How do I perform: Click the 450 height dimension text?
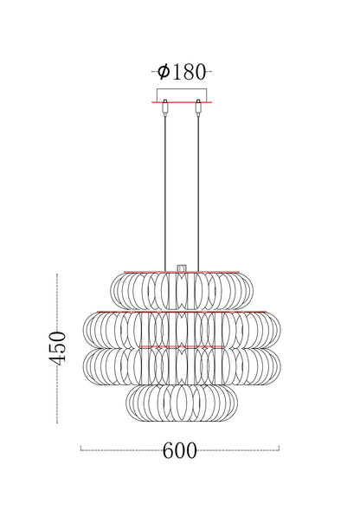57,347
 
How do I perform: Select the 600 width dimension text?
179,450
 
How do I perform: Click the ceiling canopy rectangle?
182,94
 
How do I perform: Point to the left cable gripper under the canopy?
164,108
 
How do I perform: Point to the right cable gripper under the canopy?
199,108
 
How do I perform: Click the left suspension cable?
164,190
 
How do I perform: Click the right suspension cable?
199,190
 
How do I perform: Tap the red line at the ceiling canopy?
182,102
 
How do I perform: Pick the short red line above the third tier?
182,346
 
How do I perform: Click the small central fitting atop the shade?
182,268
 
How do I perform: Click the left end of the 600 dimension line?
80,449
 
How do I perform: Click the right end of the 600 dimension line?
280,449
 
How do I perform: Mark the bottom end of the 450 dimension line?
57,422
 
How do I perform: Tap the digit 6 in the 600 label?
168,450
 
